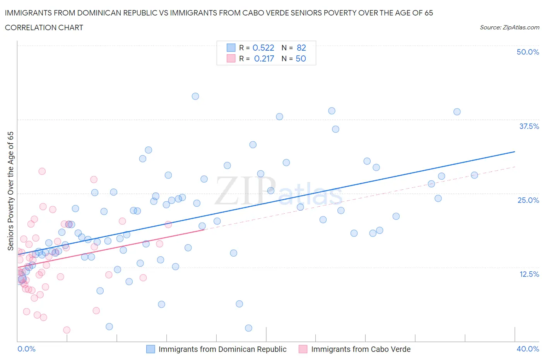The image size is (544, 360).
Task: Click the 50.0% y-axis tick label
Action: point(528,52)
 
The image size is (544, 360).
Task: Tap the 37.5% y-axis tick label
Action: point(529,126)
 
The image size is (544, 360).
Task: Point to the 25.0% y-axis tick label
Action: point(528,200)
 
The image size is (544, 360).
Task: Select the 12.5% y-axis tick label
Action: point(529,274)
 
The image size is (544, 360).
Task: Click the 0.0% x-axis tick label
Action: point(26,349)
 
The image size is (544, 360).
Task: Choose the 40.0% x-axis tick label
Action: point(528,349)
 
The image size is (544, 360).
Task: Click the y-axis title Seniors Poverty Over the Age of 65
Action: point(10,191)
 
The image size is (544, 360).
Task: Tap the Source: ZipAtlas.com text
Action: point(509,27)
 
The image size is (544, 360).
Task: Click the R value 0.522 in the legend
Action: point(263,48)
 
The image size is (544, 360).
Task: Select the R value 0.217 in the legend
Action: point(264,58)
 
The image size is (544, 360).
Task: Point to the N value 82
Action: point(301,48)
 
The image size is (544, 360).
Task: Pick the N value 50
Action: point(301,58)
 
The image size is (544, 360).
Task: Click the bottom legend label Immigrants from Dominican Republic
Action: point(222,349)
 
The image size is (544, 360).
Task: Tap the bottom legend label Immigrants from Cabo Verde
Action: point(361,349)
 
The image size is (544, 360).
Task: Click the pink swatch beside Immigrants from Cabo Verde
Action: point(303,349)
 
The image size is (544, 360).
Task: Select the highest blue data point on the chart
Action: point(195,96)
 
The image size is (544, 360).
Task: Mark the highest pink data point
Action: point(42,171)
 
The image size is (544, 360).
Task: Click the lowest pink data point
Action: point(67,330)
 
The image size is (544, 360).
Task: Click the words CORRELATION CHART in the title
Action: point(44,27)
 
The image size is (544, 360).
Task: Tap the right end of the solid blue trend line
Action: point(515,152)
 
